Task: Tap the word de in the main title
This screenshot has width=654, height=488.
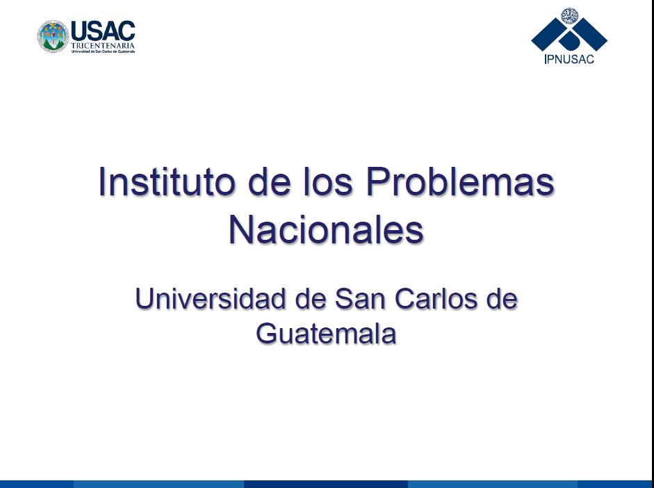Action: (x=270, y=181)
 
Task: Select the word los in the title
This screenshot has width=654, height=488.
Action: (x=328, y=181)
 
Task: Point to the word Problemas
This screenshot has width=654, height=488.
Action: (x=461, y=181)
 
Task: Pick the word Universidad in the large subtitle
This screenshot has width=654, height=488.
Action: (x=210, y=299)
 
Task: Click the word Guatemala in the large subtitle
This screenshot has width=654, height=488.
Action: (x=326, y=333)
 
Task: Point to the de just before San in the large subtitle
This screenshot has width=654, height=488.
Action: (x=310, y=299)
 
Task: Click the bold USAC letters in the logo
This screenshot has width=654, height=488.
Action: (x=103, y=31)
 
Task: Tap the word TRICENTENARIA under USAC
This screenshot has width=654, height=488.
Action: (x=103, y=45)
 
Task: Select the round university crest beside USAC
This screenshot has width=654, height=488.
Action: (x=53, y=37)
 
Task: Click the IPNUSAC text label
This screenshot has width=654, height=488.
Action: (x=569, y=59)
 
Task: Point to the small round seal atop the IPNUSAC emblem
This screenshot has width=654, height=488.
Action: (x=569, y=16)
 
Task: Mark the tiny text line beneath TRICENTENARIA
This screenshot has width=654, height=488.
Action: (x=103, y=51)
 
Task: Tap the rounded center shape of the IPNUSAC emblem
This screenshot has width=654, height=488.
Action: (x=569, y=40)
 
